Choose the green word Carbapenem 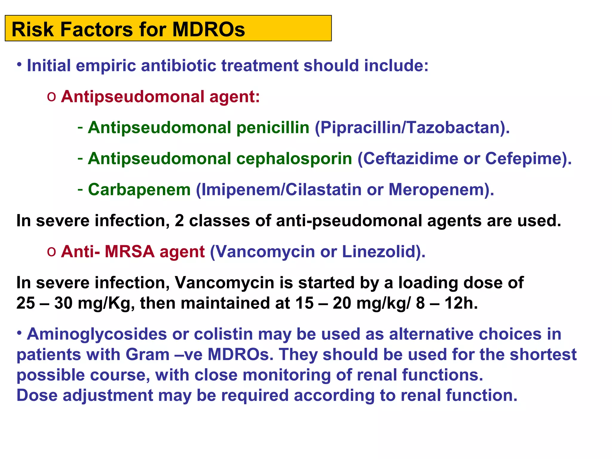(139, 190)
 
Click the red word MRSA (129, 252)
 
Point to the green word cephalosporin (294, 158)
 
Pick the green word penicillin (273, 128)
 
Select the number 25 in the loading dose (25, 303)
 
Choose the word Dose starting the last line (37, 395)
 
